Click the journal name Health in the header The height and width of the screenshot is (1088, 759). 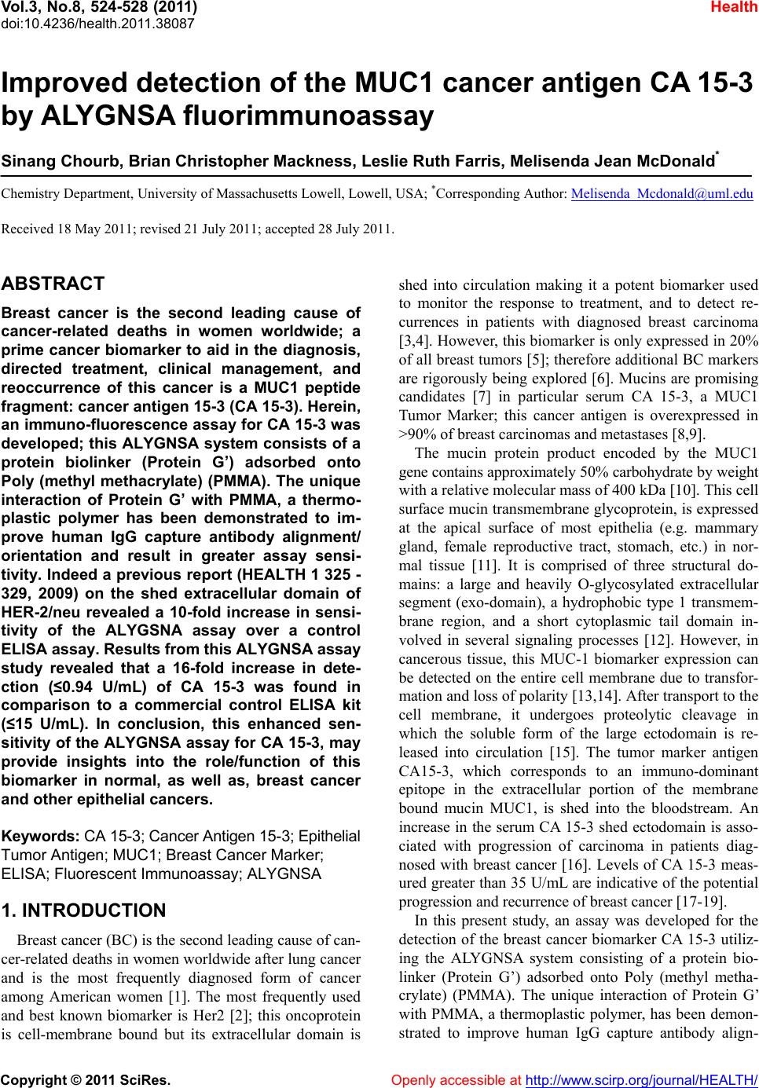(x=736, y=8)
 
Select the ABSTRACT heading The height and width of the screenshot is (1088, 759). (x=53, y=284)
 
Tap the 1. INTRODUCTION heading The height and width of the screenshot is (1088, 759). (x=85, y=910)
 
